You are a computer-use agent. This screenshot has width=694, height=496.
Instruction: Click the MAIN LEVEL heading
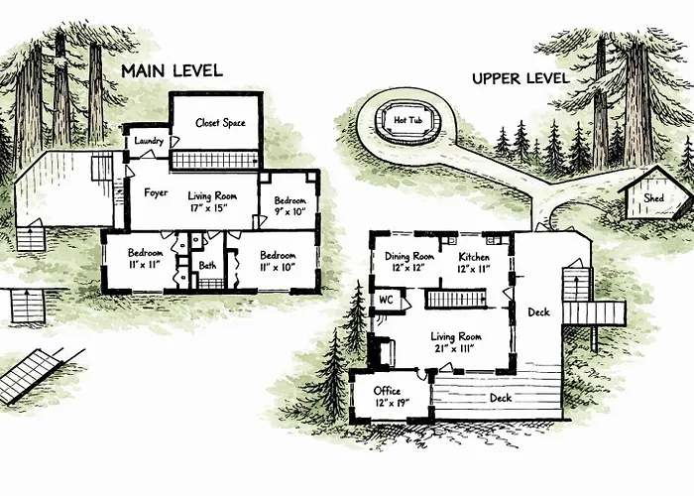pyautogui.click(x=172, y=70)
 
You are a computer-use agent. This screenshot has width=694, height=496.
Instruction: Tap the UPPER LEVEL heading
pyautogui.click(x=520, y=78)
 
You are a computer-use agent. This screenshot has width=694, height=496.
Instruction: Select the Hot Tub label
pyautogui.click(x=408, y=120)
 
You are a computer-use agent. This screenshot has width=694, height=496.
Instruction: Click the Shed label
pyautogui.click(x=653, y=198)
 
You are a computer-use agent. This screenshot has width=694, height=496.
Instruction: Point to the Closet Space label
pyautogui.click(x=220, y=123)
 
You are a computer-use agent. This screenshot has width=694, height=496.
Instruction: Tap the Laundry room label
pyautogui.click(x=149, y=141)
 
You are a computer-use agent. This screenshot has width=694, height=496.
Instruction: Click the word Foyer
pyautogui.click(x=156, y=192)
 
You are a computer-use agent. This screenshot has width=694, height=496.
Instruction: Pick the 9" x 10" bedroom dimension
pyautogui.click(x=289, y=211)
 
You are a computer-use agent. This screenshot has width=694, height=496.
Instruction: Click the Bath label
pyautogui.click(x=207, y=265)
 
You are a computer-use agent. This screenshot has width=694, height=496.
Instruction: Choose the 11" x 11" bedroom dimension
pyautogui.click(x=145, y=265)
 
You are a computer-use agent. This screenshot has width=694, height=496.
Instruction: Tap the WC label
pyautogui.click(x=386, y=301)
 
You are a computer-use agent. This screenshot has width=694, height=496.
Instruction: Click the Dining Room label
pyautogui.click(x=409, y=256)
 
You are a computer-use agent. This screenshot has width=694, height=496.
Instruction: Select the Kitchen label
pyautogui.click(x=474, y=257)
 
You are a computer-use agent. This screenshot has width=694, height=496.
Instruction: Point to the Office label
pyautogui.click(x=387, y=391)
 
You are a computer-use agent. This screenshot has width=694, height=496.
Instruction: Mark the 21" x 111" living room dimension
pyautogui.click(x=455, y=348)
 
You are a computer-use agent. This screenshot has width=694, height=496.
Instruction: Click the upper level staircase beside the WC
pyautogui.click(x=456, y=299)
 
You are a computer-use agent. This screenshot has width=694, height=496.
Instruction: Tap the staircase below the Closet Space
pyautogui.click(x=215, y=160)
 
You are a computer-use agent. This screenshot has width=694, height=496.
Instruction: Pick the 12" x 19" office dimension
pyautogui.click(x=392, y=403)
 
